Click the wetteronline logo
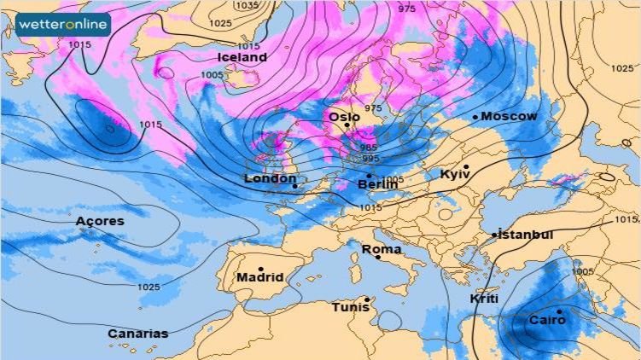pos(62,25)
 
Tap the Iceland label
pos(242,57)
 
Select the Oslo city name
pos(346,117)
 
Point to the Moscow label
pos(510,116)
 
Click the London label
pos(270,178)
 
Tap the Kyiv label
pos(455,174)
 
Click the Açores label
pos(100,221)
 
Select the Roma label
pos(382,249)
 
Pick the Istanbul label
pos(526,235)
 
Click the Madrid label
pos(260,277)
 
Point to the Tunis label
pos(350,306)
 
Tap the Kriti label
pos(484,299)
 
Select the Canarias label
pos(137,334)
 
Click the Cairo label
pos(547,321)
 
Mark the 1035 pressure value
pos(248,5)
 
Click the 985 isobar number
pos(369,148)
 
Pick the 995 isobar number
pos(370,159)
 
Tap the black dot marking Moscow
pos(475,117)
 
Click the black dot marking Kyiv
pos(466,166)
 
